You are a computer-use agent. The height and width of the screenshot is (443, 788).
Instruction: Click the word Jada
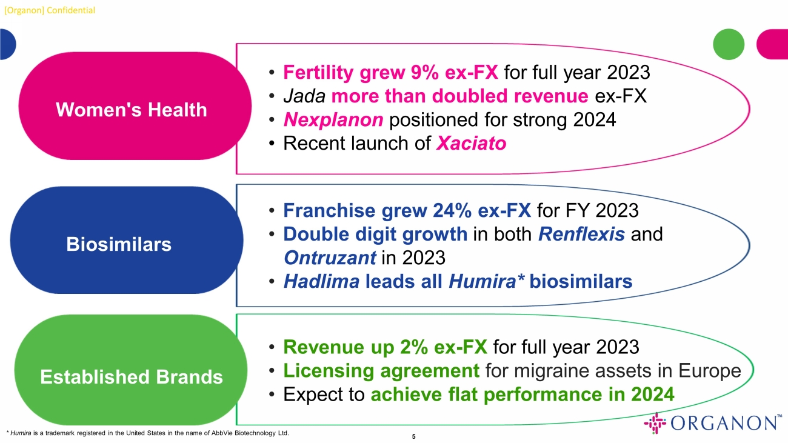pos(304,96)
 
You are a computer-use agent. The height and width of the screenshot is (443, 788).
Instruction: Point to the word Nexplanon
pos(333,119)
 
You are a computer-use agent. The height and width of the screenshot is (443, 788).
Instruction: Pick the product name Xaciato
pos(471,143)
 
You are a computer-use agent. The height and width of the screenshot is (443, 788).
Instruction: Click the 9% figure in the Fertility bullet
pos(424,72)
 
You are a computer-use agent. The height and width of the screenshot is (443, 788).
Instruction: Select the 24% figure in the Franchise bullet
pos(452,210)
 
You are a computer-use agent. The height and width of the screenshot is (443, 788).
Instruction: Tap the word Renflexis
pos(581,234)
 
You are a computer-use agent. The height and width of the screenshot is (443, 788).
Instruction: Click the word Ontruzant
pos(330,258)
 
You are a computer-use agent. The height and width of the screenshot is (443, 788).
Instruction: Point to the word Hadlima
pos(321,281)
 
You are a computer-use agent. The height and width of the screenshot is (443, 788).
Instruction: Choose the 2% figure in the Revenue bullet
pos(413,347)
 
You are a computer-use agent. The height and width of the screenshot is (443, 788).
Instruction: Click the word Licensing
pos(329,370)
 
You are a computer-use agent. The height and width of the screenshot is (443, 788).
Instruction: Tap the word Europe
pos(710,370)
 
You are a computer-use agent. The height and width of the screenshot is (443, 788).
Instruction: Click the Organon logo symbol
pos(655,423)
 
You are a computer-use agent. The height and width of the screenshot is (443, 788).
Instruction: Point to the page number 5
pos(413,436)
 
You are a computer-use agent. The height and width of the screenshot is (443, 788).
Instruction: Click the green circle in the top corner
pos(729,44)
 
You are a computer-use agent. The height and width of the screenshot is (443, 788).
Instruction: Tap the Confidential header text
pos(71,10)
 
